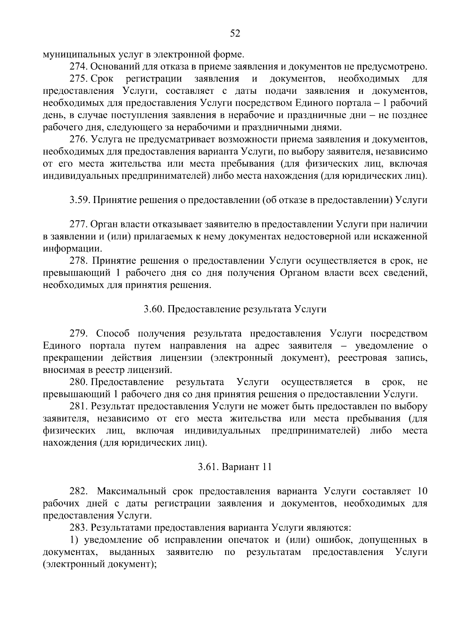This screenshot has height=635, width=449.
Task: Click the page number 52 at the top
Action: click(x=235, y=34)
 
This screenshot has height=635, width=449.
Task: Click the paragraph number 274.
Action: click(x=78, y=67)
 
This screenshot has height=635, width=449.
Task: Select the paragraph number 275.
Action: click(x=78, y=79)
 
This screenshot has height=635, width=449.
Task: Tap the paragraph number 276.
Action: click(x=78, y=139)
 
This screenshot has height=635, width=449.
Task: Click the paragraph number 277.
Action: click(x=78, y=224)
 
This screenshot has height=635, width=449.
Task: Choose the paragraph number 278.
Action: click(x=78, y=261)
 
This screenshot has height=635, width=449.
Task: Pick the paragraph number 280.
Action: click(x=78, y=382)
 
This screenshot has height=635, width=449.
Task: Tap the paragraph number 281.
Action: click(x=78, y=406)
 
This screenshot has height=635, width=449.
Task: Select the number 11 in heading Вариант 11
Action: click(x=266, y=467)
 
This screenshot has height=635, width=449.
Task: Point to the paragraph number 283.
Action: click(x=78, y=527)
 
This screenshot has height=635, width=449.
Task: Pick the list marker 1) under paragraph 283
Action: click(x=75, y=540)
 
